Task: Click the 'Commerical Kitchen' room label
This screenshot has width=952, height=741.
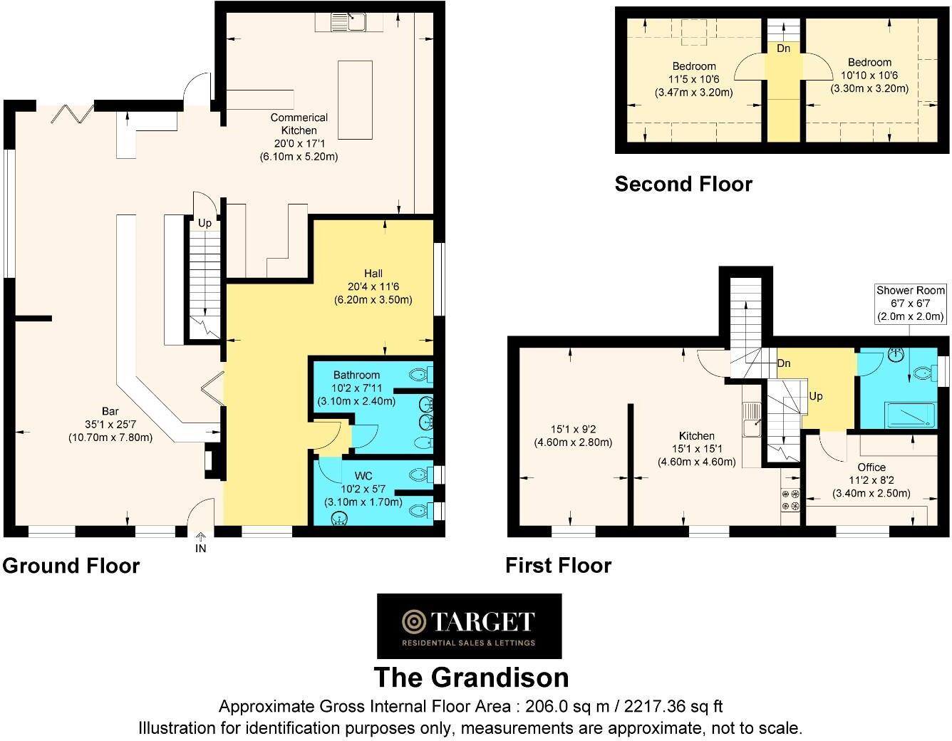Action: (x=299, y=124)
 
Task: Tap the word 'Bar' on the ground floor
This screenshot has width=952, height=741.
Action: (x=110, y=412)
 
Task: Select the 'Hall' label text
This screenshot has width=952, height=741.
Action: (x=373, y=274)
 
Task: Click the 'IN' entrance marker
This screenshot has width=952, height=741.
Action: (x=201, y=549)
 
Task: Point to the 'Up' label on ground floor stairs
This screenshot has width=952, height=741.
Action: (x=205, y=223)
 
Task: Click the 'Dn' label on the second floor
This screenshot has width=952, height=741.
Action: (x=783, y=48)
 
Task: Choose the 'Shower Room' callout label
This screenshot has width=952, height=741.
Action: (x=910, y=291)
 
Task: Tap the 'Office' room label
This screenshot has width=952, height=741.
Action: (x=871, y=467)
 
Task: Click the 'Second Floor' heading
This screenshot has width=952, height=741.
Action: (x=683, y=185)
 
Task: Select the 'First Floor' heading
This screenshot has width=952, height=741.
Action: (x=559, y=566)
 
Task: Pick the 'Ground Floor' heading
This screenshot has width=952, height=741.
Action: (x=71, y=566)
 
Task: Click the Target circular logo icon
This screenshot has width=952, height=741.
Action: (x=413, y=622)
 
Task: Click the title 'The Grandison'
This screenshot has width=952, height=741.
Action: (x=471, y=677)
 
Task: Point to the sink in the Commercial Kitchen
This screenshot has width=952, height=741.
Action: (x=350, y=23)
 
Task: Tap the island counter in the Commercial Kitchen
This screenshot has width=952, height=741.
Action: (x=355, y=100)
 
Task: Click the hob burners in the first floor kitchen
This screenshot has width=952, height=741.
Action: (x=791, y=500)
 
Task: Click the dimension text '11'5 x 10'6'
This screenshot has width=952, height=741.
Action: (x=694, y=79)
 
